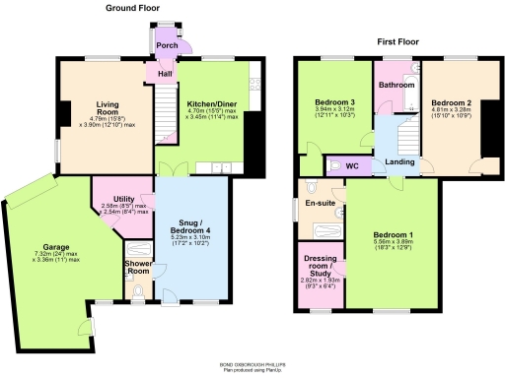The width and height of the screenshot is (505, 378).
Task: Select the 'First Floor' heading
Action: tap(400, 43)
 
